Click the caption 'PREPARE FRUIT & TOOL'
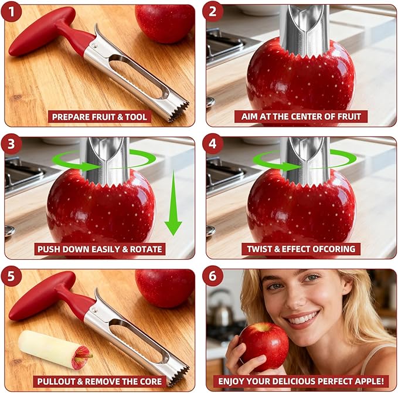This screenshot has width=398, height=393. (x=100, y=117)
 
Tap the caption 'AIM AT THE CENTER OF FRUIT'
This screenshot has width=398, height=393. (x=301, y=116)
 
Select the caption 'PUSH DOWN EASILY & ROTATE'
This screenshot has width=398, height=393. (x=100, y=249)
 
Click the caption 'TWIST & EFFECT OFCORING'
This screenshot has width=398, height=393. (x=301, y=249)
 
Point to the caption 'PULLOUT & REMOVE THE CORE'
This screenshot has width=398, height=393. (x=100, y=381)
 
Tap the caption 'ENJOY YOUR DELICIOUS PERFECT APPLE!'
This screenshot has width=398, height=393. (x=301, y=381)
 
